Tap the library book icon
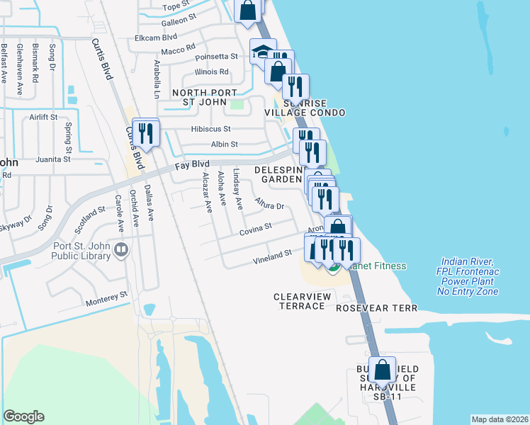[x=121, y=249]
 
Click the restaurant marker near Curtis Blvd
[x=146, y=133]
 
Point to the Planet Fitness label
[x=374, y=266]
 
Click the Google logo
[x=23, y=416]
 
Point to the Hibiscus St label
[x=210, y=129]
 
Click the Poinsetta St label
[x=218, y=56]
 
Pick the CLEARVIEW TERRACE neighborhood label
[x=300, y=301]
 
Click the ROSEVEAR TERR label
[x=377, y=308]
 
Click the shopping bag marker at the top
[x=248, y=11]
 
